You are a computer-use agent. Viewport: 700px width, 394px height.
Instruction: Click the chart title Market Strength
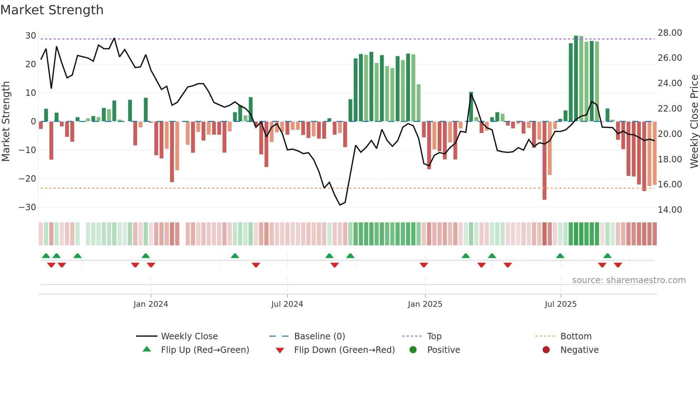(x=52, y=10)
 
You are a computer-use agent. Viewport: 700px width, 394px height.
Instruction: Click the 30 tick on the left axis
(x=30, y=36)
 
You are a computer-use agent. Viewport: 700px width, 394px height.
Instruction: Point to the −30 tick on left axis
(x=27, y=207)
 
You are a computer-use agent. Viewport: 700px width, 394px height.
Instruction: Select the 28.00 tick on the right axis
(x=670, y=33)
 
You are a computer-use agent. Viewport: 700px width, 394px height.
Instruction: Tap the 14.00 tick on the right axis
(x=670, y=210)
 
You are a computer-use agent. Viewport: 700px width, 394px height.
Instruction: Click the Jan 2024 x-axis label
(x=150, y=304)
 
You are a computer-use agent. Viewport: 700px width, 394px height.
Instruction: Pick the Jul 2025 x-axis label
(x=560, y=304)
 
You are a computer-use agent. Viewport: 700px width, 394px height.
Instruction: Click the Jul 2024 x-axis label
(x=287, y=304)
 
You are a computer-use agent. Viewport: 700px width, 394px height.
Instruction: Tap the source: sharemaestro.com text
(x=629, y=280)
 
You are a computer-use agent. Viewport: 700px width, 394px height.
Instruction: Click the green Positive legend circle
(x=413, y=350)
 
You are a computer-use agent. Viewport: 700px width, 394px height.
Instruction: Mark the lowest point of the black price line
(x=340, y=205)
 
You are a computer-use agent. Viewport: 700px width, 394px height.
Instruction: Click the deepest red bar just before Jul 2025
(x=544, y=161)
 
